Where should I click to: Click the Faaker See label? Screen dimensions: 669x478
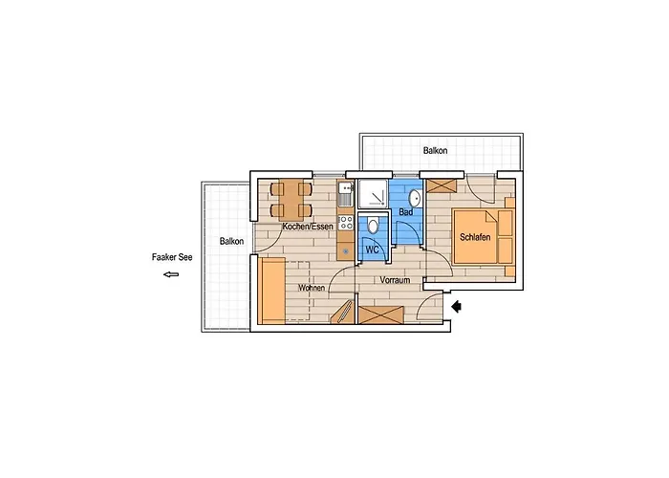click(172, 257)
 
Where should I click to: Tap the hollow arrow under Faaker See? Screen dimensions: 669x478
click(171, 274)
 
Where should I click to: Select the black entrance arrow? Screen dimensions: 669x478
click(457, 306)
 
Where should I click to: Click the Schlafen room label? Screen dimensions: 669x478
click(475, 237)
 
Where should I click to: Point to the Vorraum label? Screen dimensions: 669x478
click(395, 280)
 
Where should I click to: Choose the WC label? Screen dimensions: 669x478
click(373, 250)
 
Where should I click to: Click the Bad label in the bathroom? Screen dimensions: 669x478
click(406, 211)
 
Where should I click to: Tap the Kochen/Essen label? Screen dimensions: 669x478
click(308, 227)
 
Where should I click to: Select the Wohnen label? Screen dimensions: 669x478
click(312, 288)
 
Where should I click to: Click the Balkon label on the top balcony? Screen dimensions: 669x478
click(435, 151)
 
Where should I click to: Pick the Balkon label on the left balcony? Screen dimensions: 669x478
click(231, 241)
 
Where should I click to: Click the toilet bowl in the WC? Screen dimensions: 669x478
click(373, 226)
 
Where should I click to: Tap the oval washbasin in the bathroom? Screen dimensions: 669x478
click(414, 199)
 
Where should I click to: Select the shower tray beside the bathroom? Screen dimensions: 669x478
click(373, 194)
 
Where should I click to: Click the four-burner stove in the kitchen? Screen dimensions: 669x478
click(346, 222)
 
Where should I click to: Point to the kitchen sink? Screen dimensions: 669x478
click(346, 193)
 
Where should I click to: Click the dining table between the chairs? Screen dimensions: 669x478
click(291, 200)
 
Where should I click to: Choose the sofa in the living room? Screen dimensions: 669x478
click(272, 291)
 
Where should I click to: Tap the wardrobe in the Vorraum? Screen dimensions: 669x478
click(381, 315)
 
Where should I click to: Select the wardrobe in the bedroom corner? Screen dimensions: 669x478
click(442, 186)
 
